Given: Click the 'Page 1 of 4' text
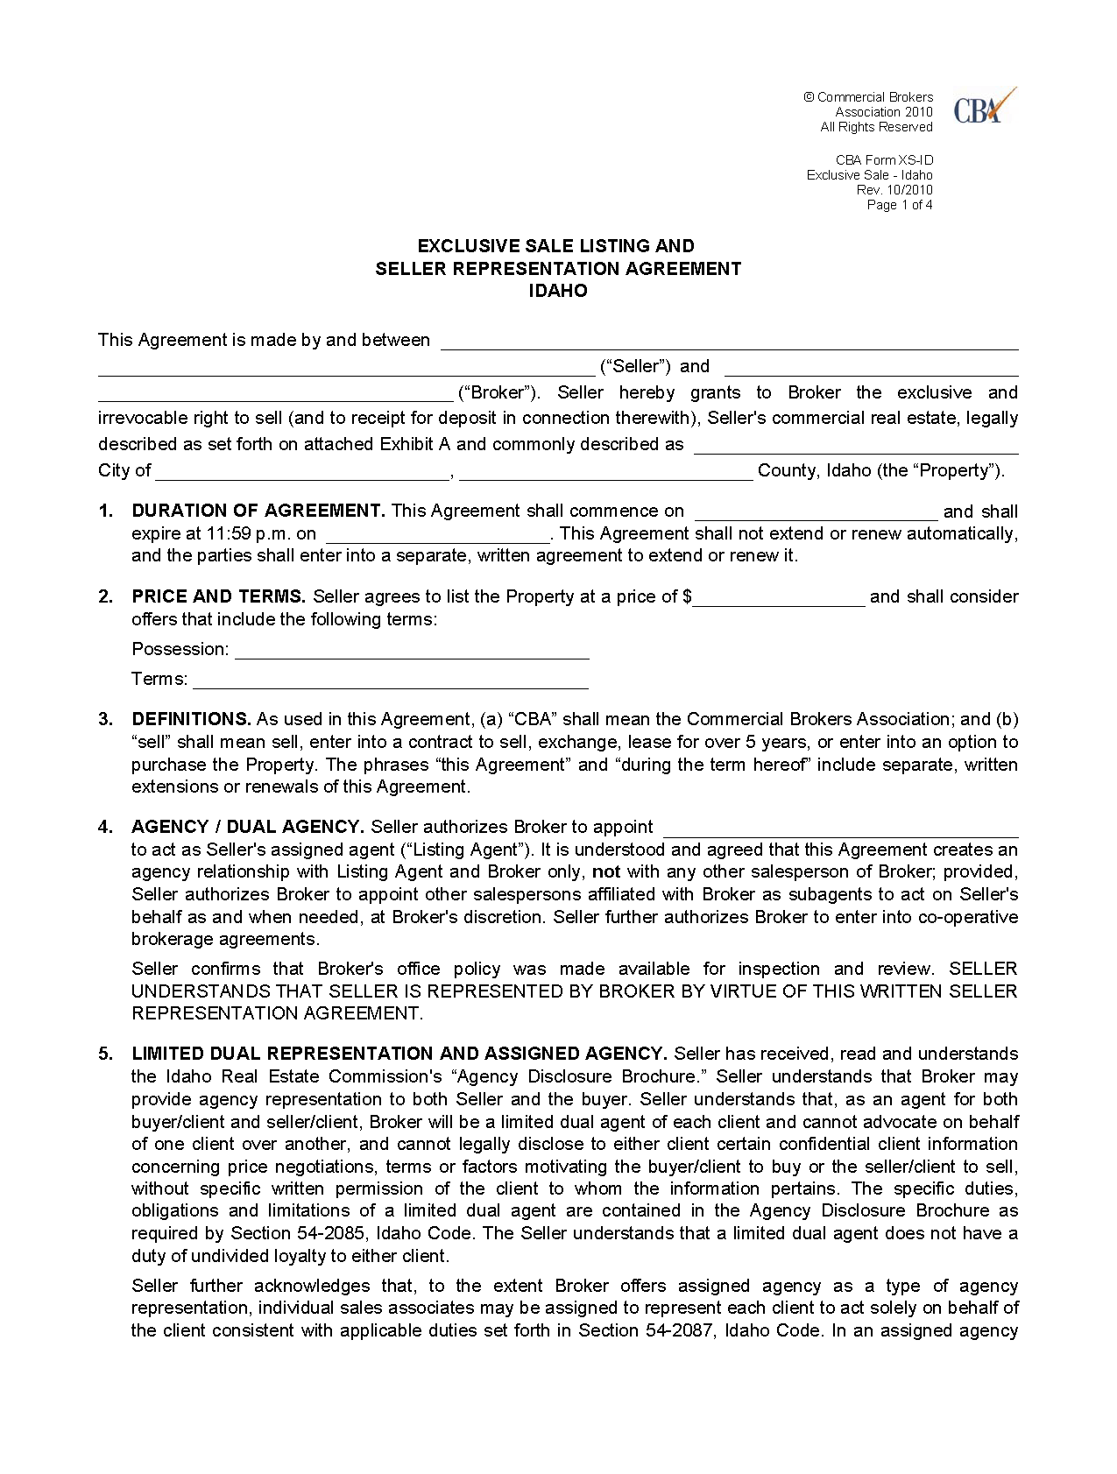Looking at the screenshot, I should coord(899,205).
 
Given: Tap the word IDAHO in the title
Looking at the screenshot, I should coord(558,292).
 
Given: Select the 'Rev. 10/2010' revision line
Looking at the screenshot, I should coord(894,190).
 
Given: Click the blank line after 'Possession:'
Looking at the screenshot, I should coord(412,652).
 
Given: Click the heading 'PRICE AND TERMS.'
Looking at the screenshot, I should coord(218,596).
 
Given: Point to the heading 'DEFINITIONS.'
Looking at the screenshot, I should coord(192,719).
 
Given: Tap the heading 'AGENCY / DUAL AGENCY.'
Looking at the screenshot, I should coord(248,827).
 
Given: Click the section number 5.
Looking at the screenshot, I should coord(105,1054).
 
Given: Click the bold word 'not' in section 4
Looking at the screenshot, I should coord(606,871).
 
